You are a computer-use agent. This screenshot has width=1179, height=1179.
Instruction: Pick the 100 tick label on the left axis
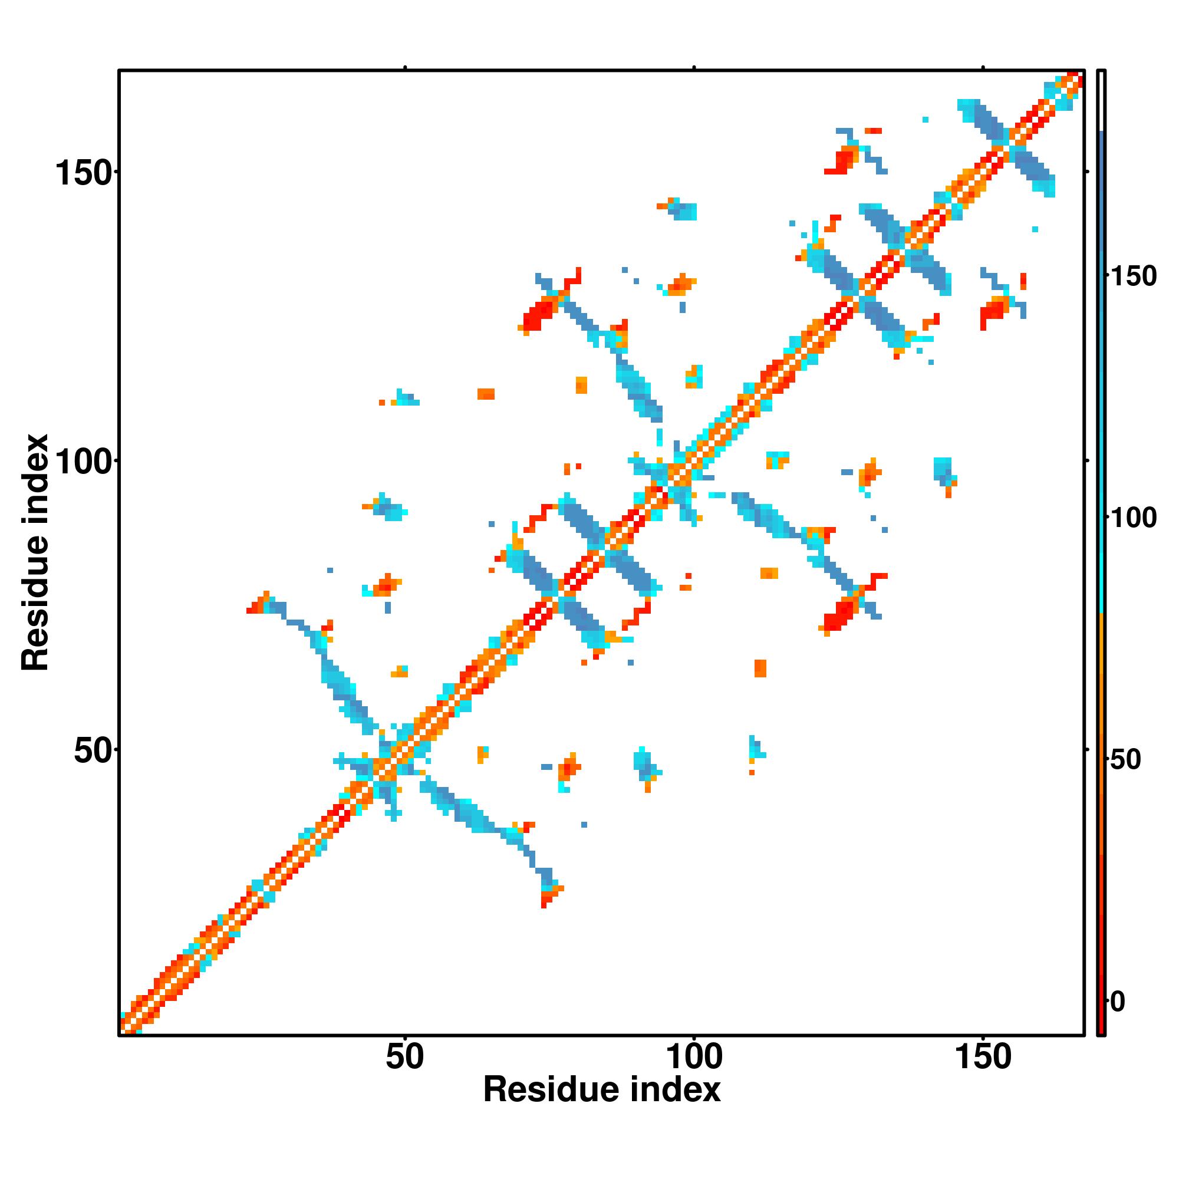click(84, 462)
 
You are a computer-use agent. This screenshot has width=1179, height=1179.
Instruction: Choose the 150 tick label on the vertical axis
click(84, 173)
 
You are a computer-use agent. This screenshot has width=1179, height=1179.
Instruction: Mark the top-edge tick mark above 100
click(694, 68)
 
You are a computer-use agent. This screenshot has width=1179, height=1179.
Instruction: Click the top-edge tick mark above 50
click(404, 68)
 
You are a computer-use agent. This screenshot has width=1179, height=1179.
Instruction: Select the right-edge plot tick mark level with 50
click(1087, 749)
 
